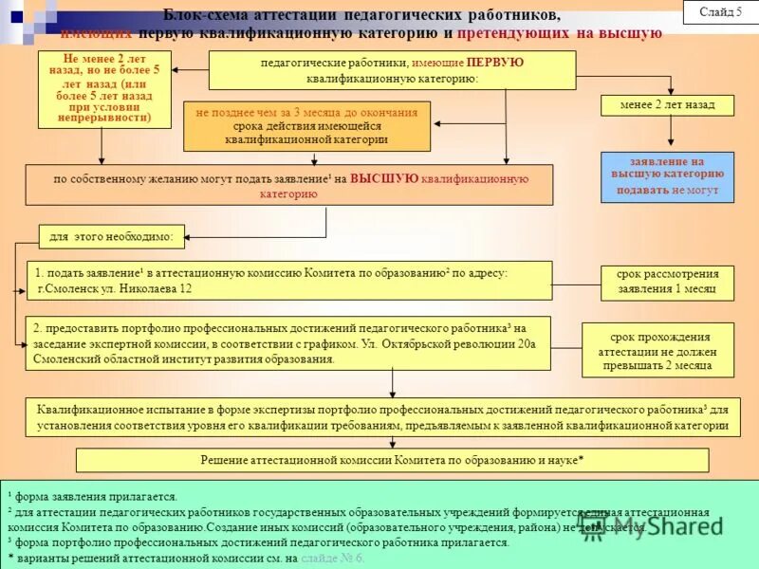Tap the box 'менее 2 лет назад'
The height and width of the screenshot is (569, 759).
[666, 104]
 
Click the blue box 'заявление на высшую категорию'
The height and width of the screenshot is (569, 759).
[666, 176]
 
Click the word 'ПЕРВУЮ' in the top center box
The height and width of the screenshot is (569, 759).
[494, 63]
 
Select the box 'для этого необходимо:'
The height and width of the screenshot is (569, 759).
[111, 236]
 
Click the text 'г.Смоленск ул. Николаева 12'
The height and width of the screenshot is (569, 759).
[115, 288]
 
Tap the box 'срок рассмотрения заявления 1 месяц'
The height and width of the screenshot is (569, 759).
[666, 282]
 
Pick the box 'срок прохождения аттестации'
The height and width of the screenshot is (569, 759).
[657, 350]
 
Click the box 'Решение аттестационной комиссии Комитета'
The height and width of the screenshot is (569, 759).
[392, 460]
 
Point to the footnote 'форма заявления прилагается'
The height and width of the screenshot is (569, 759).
[96, 496]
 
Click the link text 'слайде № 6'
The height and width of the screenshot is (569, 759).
[332, 558]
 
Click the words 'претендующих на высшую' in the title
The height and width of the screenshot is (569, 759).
[559, 33]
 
